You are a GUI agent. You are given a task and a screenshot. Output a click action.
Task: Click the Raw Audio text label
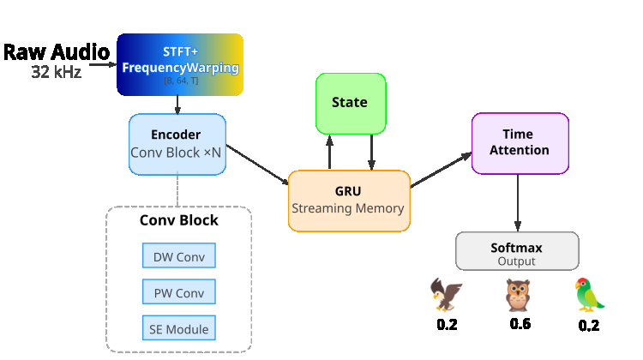57,51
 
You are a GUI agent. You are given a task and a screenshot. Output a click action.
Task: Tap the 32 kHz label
57,73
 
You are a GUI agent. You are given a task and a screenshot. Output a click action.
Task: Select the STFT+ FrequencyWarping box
180,63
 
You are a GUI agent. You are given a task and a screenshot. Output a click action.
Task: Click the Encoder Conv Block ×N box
176,143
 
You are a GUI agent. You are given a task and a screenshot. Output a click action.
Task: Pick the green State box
350,102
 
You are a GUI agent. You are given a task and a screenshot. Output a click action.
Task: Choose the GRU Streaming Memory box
348,201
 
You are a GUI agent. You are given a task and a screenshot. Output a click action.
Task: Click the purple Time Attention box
520,142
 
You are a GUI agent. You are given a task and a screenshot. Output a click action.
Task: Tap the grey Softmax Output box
517,254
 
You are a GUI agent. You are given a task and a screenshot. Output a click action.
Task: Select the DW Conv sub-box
178,256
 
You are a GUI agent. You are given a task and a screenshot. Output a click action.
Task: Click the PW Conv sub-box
178,293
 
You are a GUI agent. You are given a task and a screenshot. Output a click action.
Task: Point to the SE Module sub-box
178,329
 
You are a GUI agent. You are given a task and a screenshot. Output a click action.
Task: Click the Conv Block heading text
179,220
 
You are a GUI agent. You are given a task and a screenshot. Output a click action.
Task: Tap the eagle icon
446,295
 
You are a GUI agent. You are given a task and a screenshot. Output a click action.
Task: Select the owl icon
519,296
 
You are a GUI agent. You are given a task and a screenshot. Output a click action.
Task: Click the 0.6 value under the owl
520,324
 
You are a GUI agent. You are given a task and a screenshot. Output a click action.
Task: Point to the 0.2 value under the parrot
588,326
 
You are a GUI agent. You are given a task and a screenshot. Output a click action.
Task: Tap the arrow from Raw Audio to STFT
101,63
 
